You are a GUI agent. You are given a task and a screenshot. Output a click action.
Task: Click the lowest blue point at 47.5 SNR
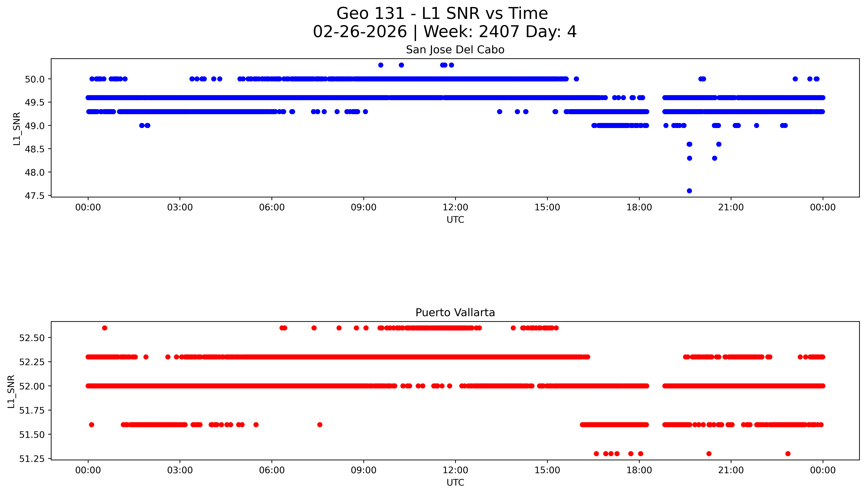(x=689, y=191)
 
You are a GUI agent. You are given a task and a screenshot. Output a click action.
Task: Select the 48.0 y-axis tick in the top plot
(x=35, y=172)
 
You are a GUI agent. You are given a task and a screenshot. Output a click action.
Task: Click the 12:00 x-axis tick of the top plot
(x=455, y=207)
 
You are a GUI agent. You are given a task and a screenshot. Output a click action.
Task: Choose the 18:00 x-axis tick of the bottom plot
(x=639, y=470)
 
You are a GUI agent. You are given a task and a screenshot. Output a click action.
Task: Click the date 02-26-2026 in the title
(x=360, y=32)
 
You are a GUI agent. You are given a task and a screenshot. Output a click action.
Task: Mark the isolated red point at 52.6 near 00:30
(x=105, y=328)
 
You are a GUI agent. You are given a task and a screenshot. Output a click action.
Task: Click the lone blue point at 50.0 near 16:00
(x=576, y=79)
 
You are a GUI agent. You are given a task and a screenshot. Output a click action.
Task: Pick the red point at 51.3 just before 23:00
(x=788, y=454)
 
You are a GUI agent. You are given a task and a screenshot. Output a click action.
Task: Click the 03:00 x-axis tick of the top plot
(x=180, y=207)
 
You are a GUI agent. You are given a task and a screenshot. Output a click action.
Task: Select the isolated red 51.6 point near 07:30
(x=319, y=424)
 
